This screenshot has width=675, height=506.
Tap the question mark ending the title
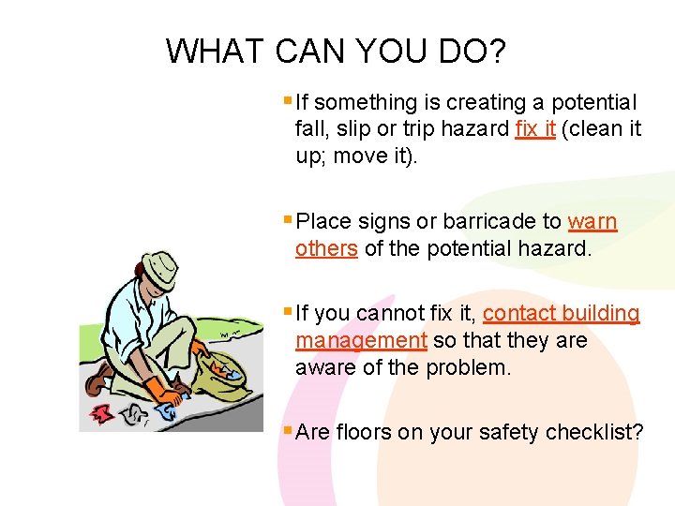497,51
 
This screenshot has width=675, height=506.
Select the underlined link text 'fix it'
535,128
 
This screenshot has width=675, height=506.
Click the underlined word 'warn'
592,222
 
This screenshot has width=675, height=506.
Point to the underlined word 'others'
326,248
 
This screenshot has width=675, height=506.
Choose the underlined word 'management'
361,341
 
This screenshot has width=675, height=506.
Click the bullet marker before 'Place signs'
286,220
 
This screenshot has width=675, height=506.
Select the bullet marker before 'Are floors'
286,431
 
